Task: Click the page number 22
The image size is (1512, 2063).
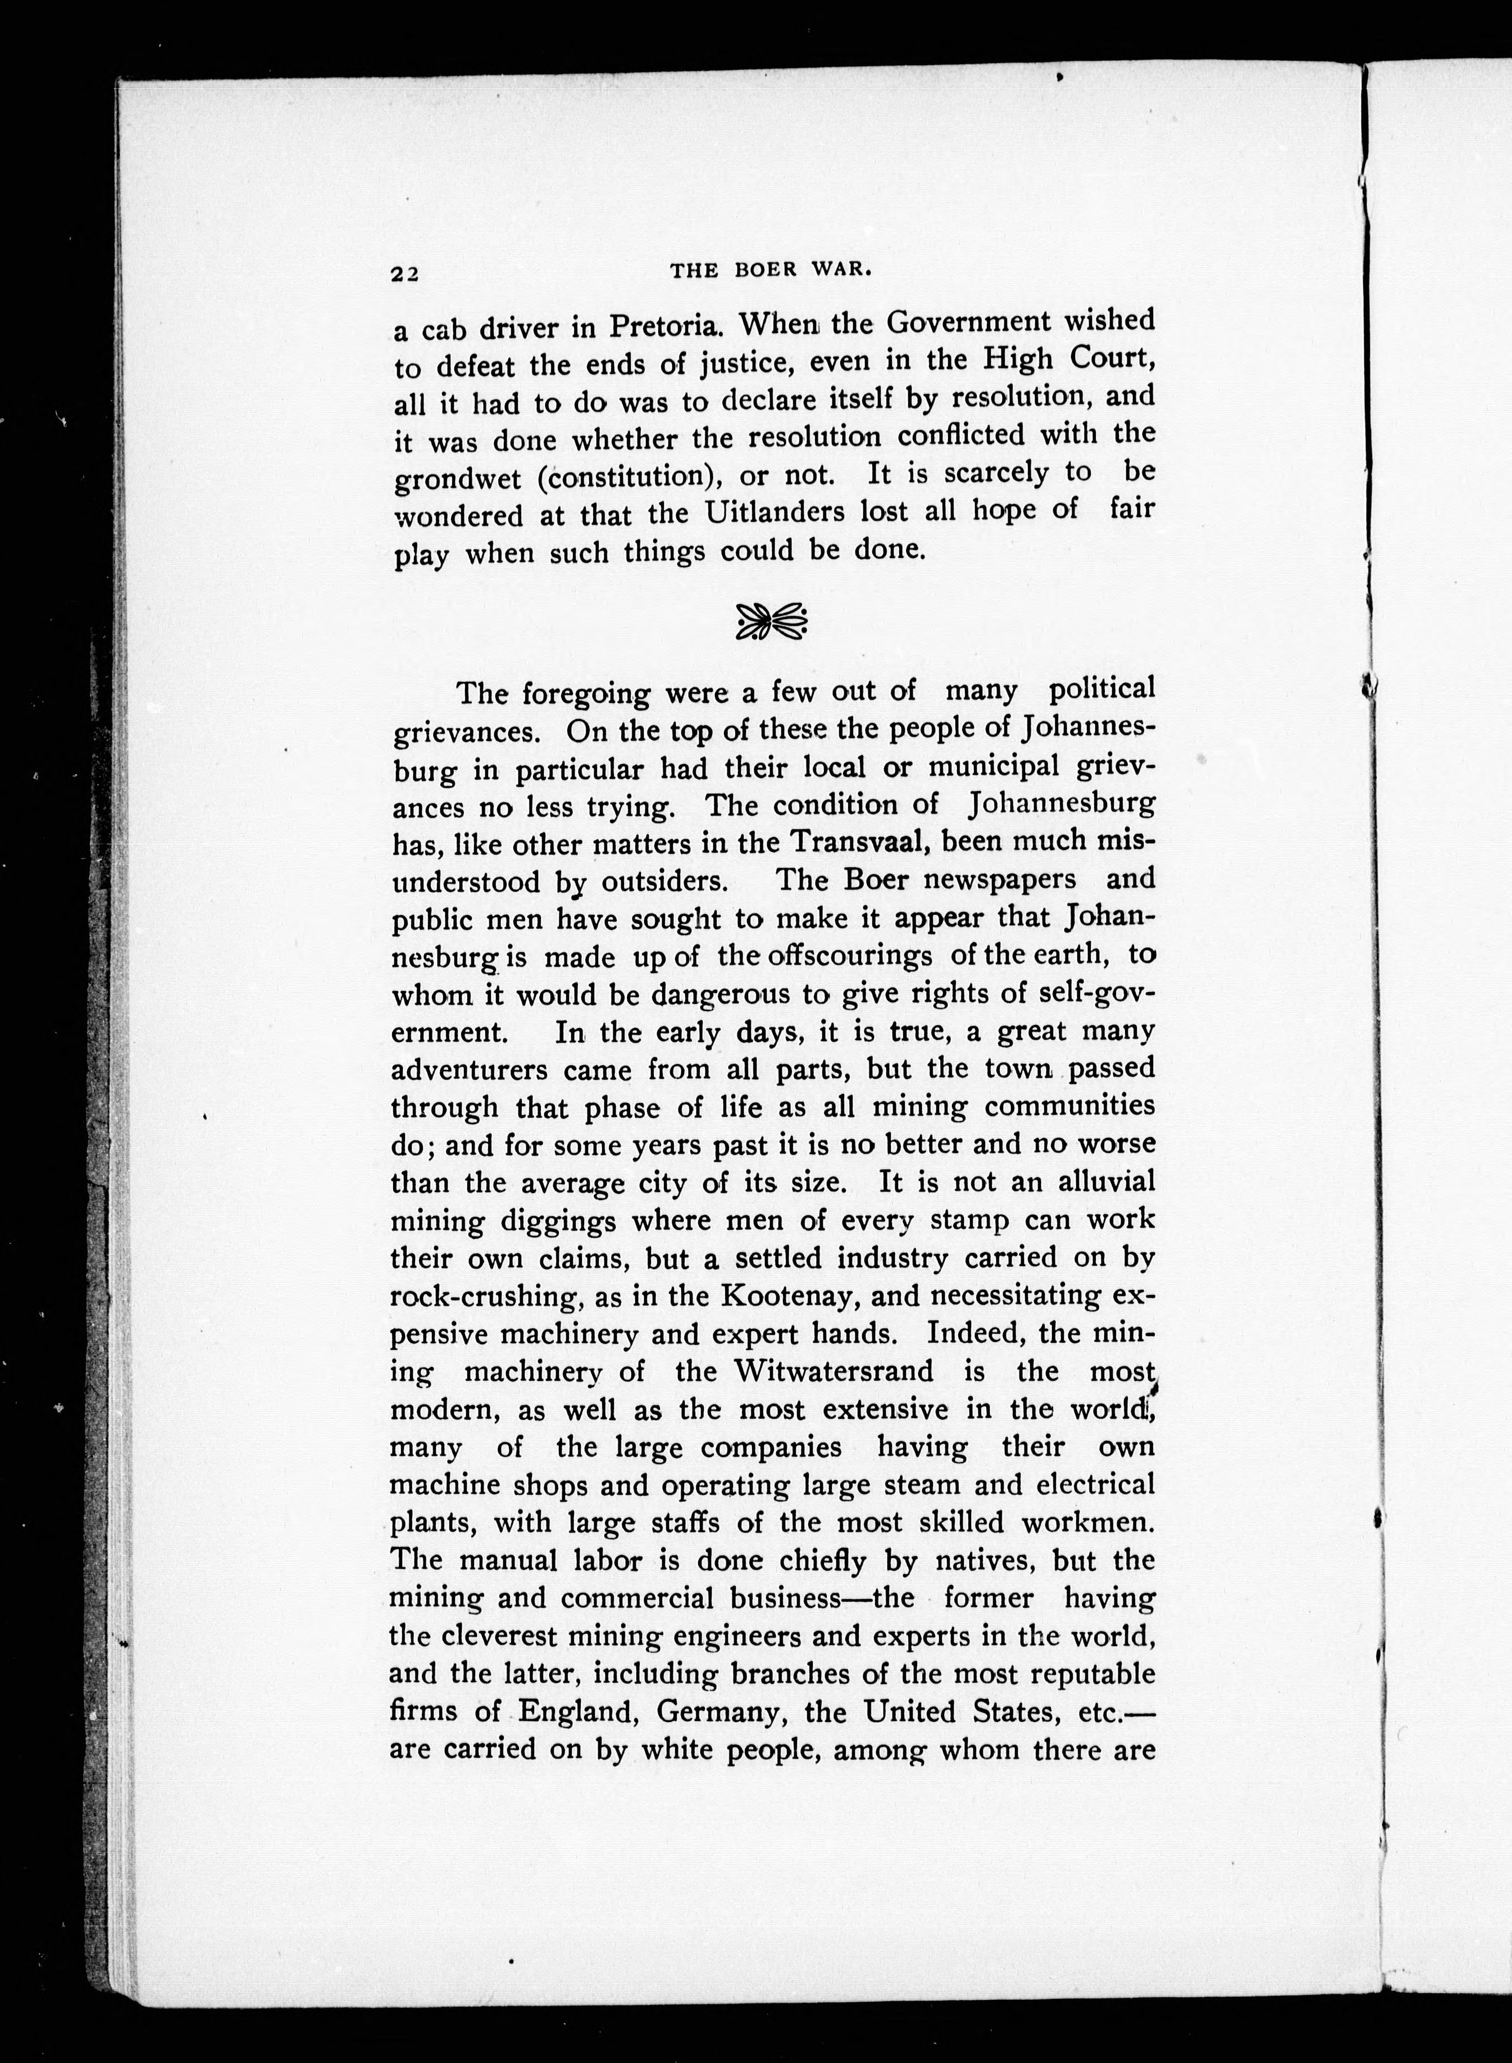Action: coord(404,274)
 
